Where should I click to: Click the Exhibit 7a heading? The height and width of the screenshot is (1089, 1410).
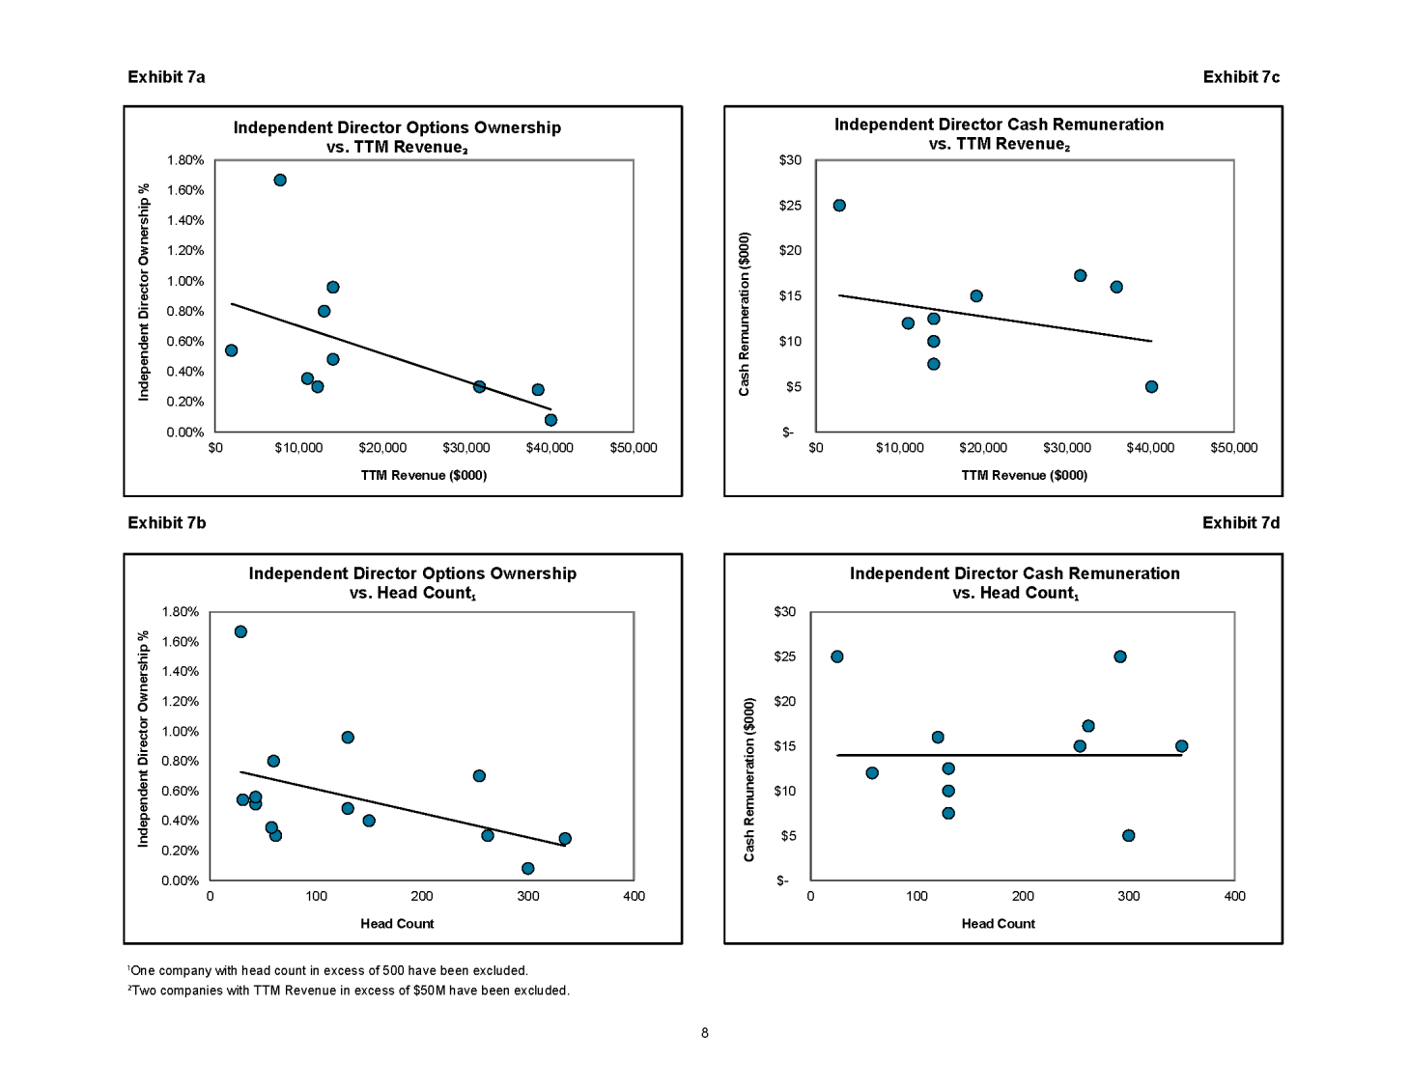(166, 77)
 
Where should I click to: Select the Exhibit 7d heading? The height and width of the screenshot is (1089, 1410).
(1241, 522)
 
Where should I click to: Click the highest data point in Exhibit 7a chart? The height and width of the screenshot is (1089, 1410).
(280, 181)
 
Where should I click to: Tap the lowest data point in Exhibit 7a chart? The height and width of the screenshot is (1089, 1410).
(550, 420)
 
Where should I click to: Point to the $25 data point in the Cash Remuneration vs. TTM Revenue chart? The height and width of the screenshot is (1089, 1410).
(839, 206)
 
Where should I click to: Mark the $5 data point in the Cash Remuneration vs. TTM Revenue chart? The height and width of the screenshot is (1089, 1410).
(1152, 387)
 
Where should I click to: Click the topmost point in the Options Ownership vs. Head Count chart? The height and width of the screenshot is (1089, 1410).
(240, 631)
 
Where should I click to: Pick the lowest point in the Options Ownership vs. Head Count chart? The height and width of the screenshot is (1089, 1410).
(528, 869)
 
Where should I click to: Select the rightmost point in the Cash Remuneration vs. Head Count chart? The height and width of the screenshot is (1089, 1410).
(1181, 746)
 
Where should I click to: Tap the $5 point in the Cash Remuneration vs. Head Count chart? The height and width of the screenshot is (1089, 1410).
(1128, 835)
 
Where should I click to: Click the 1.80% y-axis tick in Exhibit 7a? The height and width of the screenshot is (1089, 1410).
(185, 160)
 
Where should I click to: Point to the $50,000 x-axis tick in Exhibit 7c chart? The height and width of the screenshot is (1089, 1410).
(1234, 448)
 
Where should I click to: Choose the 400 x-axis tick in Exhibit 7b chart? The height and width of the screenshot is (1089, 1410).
(634, 896)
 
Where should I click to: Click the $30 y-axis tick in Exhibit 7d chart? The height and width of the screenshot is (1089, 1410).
(784, 612)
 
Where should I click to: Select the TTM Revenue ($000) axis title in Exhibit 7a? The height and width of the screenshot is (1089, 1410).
(424, 475)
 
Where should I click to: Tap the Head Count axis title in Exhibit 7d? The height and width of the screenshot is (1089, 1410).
(998, 924)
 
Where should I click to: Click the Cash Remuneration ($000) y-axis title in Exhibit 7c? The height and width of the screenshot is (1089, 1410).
(745, 314)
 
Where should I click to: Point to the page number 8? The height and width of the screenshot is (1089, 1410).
(705, 1033)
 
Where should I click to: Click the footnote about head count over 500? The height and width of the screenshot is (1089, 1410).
(328, 971)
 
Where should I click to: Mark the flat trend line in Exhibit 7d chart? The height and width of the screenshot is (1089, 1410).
(1009, 755)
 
